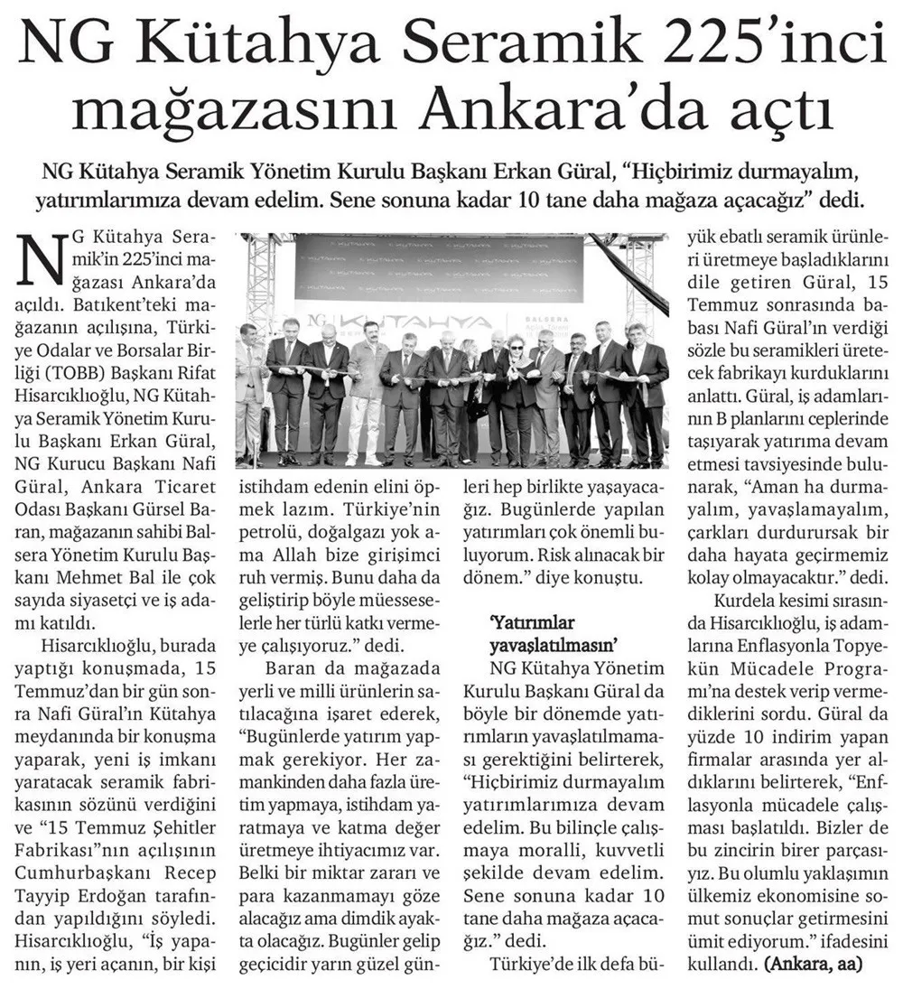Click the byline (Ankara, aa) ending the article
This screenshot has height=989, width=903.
[812, 964]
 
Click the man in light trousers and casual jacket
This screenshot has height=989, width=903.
[367, 397]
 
